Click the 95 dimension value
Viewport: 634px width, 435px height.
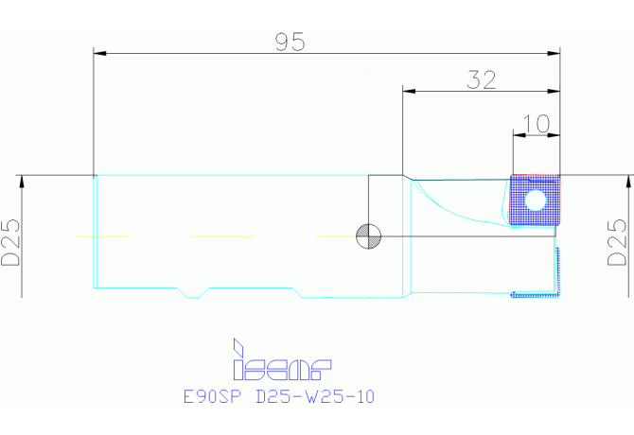[290, 42]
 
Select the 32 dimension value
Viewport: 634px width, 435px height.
[482, 80]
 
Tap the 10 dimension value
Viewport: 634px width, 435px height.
[537, 124]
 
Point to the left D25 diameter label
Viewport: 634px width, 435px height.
[10, 242]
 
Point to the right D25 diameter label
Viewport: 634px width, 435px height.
[617, 242]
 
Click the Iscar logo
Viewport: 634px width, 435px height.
[282, 359]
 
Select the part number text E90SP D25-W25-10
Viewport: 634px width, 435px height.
[279, 396]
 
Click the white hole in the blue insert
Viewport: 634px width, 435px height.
[536, 200]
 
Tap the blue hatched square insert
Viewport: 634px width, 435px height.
[535, 200]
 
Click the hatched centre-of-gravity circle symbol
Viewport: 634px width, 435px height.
[368, 236]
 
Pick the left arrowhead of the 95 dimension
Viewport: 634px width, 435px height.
[99, 53]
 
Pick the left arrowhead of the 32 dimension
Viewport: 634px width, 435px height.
[409, 92]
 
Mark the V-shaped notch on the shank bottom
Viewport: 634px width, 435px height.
[193, 293]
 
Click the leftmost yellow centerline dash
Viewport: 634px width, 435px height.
[103, 236]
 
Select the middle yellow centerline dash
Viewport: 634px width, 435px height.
[222, 236]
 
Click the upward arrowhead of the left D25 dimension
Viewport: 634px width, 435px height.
[22, 182]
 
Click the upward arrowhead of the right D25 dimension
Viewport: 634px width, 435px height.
[629, 182]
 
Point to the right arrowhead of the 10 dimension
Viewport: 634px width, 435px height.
[555, 135]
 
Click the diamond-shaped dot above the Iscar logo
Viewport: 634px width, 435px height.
[238, 345]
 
